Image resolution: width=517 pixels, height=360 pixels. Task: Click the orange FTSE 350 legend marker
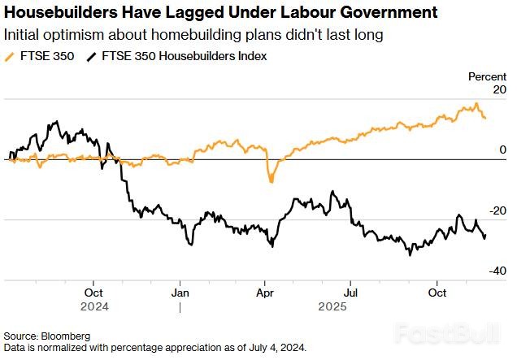10,56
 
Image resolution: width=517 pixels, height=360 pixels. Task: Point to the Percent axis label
488,76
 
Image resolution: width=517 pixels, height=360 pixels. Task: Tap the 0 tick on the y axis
503,150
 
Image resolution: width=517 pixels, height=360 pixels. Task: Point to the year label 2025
332,307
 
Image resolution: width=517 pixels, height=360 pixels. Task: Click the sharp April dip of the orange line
271,181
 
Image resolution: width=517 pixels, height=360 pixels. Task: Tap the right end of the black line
485,236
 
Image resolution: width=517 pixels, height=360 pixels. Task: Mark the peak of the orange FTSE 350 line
476,104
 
